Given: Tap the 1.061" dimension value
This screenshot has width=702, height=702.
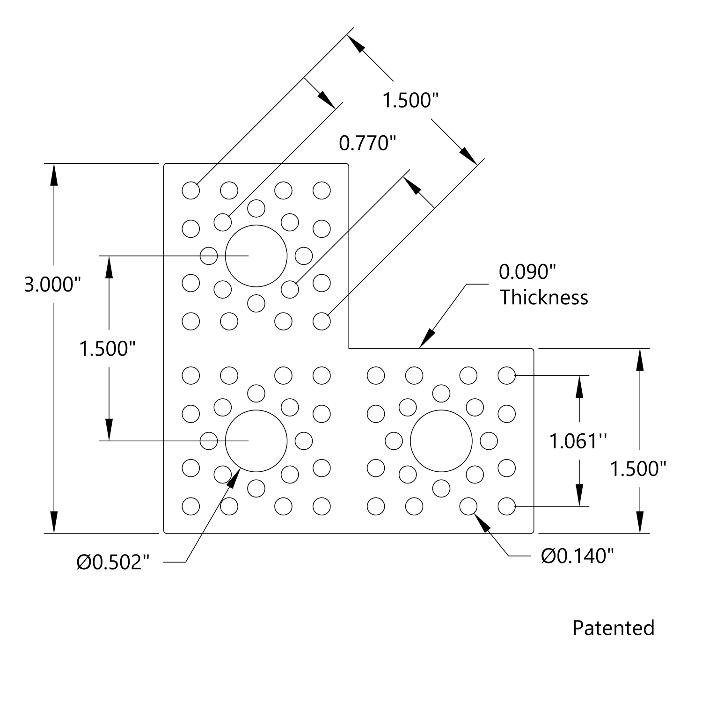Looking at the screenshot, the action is point(578,441).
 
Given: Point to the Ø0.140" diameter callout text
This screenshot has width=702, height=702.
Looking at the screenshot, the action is point(577,556).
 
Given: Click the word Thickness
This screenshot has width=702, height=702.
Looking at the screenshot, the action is point(544,298).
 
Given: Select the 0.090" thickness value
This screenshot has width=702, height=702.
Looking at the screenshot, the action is point(527,271).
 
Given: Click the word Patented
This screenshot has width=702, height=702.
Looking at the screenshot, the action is point(613,628).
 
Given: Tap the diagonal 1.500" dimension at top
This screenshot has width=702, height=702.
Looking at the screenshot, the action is point(410,100).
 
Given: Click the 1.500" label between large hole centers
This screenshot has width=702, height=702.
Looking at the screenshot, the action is point(108,349).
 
